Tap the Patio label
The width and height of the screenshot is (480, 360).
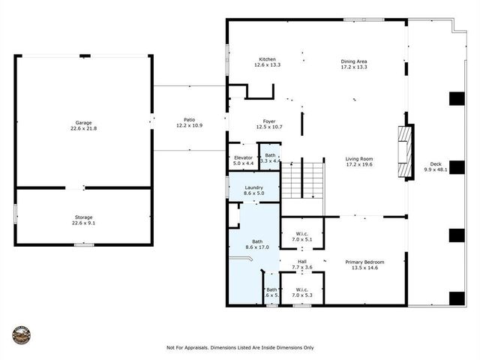(190, 120)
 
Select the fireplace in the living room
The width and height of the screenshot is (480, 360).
(405, 152)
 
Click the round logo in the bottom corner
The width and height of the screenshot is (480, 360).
(22, 334)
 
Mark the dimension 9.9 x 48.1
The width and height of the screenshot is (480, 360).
(436, 169)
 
